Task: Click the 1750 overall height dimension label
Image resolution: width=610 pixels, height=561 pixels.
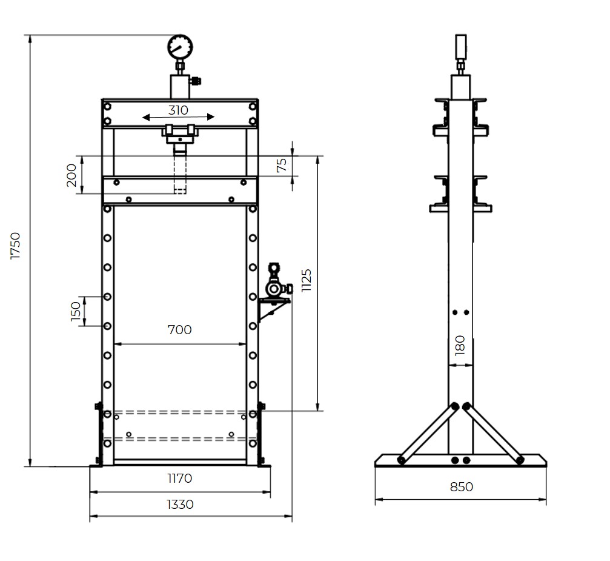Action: point(16,246)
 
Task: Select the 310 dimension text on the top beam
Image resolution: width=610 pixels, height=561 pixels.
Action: point(178,110)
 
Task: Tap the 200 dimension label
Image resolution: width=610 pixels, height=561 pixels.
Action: point(71,175)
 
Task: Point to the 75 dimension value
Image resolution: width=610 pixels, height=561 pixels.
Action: point(282,166)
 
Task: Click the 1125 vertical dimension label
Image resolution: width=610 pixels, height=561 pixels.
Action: point(307,281)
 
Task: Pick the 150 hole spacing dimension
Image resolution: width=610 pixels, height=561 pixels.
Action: point(76,311)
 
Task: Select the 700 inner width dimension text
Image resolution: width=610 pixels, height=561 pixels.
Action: point(180,330)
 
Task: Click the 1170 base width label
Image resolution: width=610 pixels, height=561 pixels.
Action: point(180,479)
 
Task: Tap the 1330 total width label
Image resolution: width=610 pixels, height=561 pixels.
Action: point(180,505)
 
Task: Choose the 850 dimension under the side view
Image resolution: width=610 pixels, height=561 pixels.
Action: point(461,487)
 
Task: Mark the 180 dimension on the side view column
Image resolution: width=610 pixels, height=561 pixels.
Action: point(460,344)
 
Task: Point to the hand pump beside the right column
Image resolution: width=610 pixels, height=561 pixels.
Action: point(275,284)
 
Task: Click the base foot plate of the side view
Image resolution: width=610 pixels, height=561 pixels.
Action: point(460,461)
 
